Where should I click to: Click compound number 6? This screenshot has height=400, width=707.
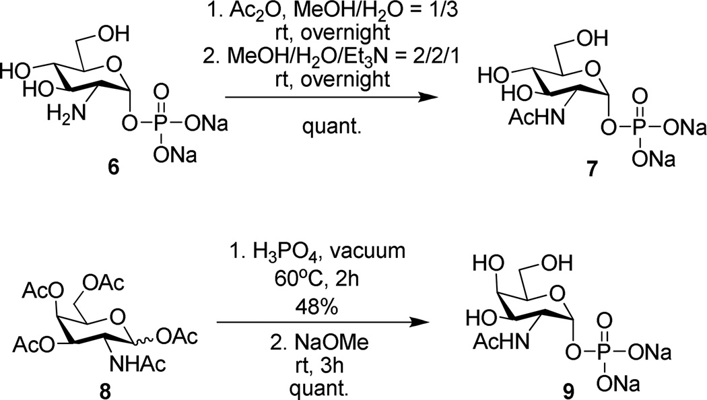pyautogui.click(x=114, y=166)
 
